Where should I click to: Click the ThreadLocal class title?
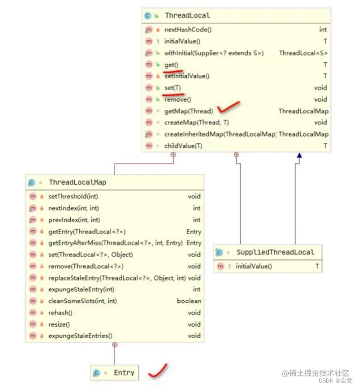[x=187, y=16]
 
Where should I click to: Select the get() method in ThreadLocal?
[x=171, y=65]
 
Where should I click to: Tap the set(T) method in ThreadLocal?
[x=173, y=88]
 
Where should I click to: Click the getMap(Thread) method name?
[x=188, y=111]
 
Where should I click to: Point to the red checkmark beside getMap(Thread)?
[x=229, y=107]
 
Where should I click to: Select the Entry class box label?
[x=124, y=373]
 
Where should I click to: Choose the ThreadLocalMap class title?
[x=77, y=182]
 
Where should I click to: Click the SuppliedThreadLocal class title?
[x=275, y=252]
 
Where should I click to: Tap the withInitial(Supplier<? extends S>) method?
[x=214, y=53]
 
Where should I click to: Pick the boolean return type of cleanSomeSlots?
[x=189, y=301]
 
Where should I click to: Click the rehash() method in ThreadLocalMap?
[x=60, y=313]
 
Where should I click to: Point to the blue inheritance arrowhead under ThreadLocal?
[x=299, y=155]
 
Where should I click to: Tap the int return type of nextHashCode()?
[x=323, y=30]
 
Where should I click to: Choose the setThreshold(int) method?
[x=70, y=197]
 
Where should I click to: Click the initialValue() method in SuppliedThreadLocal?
[x=254, y=266]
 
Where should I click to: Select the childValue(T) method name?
[x=183, y=145]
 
